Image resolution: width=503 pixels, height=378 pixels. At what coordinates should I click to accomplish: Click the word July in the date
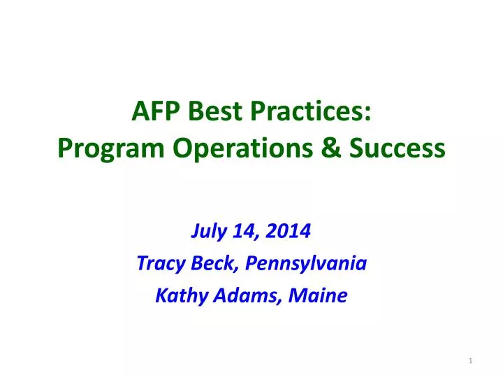pos(207,231)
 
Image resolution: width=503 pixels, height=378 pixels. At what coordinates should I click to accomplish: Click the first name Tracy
pos(156,264)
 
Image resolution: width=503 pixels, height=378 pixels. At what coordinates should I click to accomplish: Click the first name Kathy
pos(177,296)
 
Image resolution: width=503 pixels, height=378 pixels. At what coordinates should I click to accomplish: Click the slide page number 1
pos(472,360)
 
